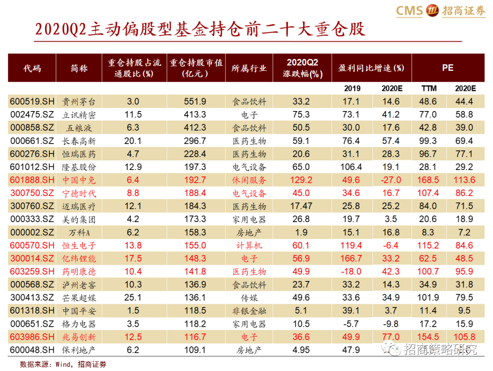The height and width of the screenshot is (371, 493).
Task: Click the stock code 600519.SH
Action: point(32,101)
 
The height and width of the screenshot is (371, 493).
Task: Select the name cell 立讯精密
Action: point(79,115)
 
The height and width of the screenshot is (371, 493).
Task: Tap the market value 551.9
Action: point(195,101)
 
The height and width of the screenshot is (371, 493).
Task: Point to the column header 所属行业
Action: point(249,68)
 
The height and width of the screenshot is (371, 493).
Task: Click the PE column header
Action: point(448,68)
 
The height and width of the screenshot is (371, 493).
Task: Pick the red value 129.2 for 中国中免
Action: point(301,180)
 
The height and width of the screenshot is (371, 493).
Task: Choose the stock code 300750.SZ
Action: point(32,193)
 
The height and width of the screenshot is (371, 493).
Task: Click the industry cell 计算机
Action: point(249,245)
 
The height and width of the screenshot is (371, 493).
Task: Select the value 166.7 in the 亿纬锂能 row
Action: point(351,259)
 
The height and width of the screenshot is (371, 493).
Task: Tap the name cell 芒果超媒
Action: point(79,298)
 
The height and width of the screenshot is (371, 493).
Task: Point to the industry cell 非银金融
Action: point(249,311)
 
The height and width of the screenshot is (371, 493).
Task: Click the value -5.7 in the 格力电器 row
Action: point(351,324)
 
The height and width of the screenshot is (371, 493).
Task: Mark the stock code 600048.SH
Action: point(32,350)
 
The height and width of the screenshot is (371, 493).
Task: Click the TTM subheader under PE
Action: point(429,89)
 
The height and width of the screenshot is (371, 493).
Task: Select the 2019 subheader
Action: point(352,89)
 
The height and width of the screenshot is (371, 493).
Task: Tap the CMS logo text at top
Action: point(409,11)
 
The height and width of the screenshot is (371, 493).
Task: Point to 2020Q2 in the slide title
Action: point(60,29)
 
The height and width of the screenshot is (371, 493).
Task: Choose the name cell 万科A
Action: point(79,233)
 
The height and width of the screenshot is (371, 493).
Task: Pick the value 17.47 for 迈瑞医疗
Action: point(301,206)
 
